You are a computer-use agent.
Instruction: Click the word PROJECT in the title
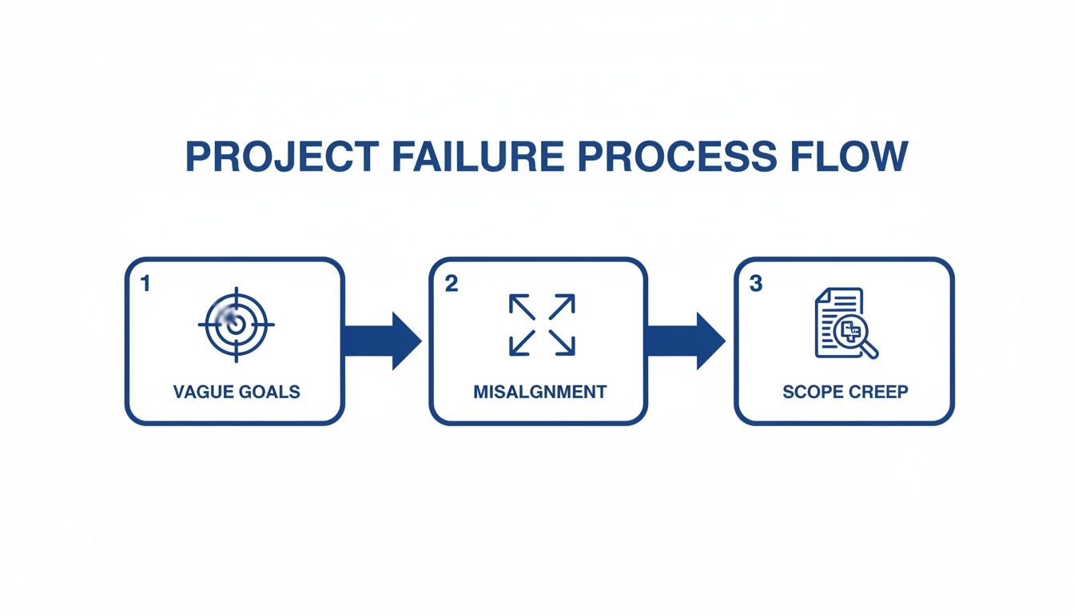282,157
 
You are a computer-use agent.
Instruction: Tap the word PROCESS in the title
678,157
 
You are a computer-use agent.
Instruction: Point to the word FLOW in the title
849,157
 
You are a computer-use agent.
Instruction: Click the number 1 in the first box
145,284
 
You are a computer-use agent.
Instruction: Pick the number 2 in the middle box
451,284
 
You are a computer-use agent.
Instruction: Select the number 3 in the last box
756,284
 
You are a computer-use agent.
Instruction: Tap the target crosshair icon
236,325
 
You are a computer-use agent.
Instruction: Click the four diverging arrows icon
542,325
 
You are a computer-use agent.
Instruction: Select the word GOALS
269,392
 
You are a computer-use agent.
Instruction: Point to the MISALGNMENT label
540,392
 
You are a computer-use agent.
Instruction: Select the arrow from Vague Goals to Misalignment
383,341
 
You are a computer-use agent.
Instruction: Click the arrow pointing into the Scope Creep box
686,341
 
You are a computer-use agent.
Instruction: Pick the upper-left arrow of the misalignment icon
522,307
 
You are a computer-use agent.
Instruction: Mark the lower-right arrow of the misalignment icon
562,342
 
